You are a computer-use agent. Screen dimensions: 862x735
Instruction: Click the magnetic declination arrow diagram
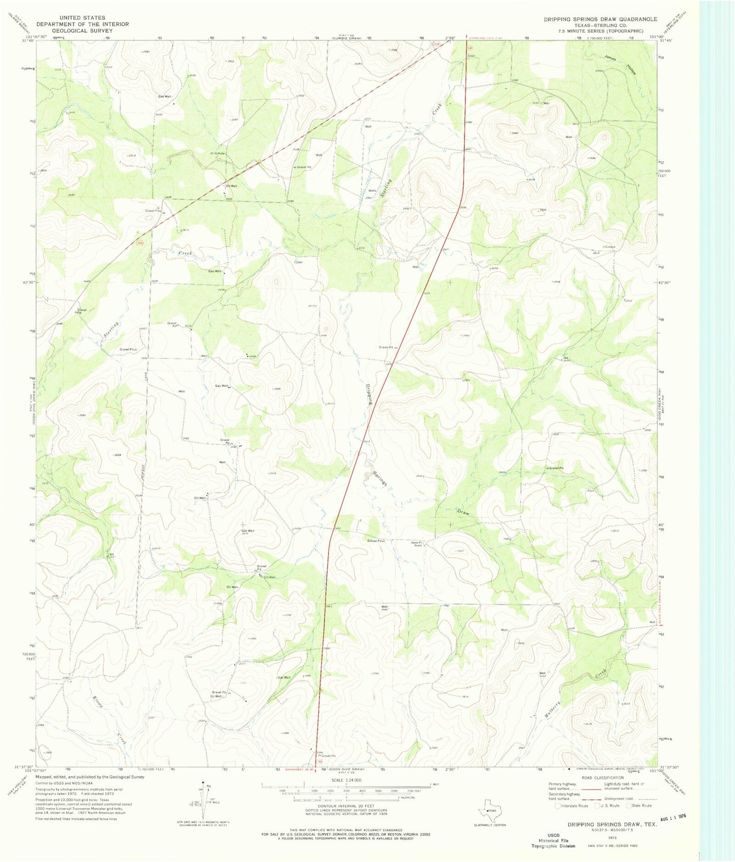coord(205,796)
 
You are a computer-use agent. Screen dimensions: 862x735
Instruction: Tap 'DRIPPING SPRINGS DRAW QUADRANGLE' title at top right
coord(600,19)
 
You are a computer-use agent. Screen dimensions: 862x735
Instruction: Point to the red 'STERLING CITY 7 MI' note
coord(485,38)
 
